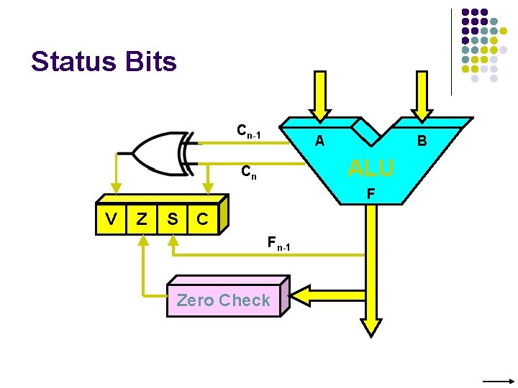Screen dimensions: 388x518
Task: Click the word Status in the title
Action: pos(68,62)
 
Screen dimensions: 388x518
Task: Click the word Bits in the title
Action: pos(150,62)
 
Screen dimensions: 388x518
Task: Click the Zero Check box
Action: pos(223,300)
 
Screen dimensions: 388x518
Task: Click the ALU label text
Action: pos(371,168)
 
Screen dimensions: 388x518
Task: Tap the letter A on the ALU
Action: pos(319,142)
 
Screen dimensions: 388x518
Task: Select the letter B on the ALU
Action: pos(422,142)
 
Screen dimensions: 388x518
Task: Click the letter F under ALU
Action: pos(370,193)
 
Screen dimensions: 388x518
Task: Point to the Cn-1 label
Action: pos(248,132)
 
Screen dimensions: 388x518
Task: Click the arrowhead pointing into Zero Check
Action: pos(299,295)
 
